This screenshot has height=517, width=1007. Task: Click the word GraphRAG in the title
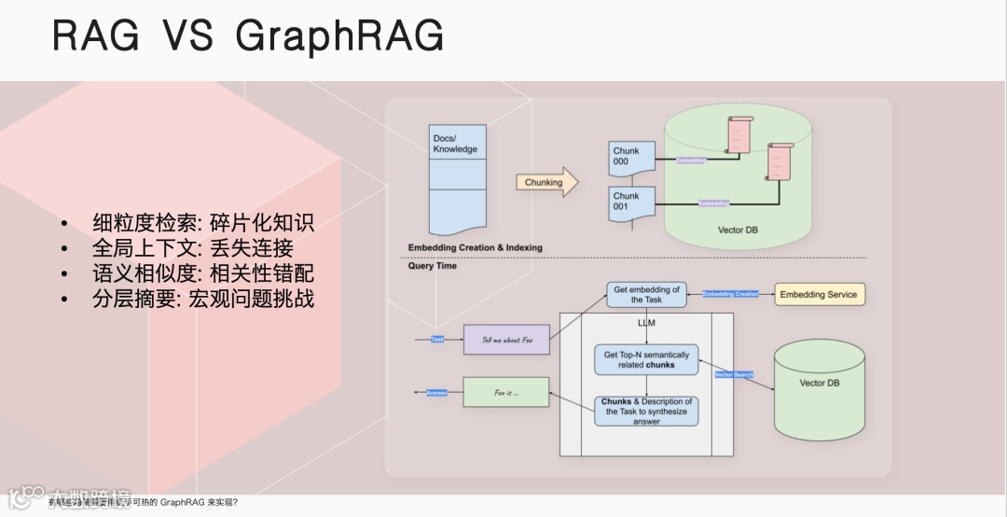click(x=339, y=36)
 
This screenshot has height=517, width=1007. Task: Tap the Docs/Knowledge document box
click(x=458, y=177)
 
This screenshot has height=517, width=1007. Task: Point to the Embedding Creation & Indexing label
click(x=475, y=247)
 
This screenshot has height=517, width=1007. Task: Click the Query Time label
click(x=433, y=266)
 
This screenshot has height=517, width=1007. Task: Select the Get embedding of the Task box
click(x=646, y=295)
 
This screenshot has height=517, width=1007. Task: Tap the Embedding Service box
click(x=820, y=295)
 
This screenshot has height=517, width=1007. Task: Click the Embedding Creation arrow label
click(x=730, y=295)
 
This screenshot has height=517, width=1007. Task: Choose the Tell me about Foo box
click(x=506, y=340)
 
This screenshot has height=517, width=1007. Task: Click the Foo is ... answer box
click(x=506, y=393)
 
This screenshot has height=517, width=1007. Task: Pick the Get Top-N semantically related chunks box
click(x=646, y=359)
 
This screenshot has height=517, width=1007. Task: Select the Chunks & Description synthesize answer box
click(x=646, y=412)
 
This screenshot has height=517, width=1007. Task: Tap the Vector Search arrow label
click(x=733, y=374)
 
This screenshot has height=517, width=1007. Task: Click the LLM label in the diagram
click(x=646, y=323)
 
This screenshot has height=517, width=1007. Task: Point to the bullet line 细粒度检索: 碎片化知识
click(x=203, y=223)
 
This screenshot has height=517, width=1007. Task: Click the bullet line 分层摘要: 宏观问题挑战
click(x=203, y=299)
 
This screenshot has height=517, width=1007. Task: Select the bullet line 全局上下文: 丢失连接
click(x=193, y=248)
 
